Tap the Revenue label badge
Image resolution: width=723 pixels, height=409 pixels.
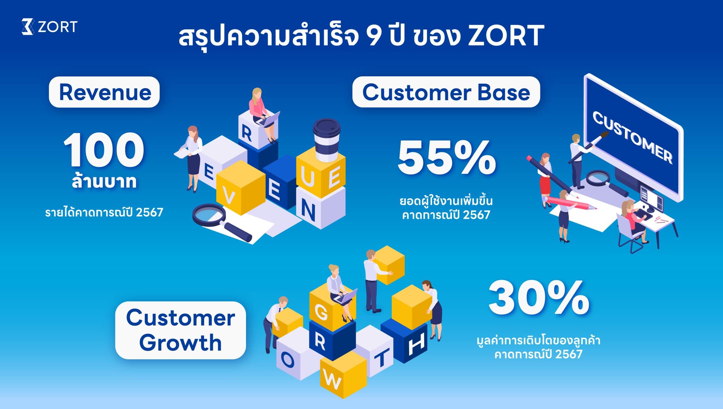[104, 92]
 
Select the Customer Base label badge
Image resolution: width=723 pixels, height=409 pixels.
[446, 92]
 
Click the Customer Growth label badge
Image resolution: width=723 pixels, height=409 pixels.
[180, 330]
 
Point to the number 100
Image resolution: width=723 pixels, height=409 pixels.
[104, 150]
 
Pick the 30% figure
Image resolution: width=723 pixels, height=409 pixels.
[539, 299]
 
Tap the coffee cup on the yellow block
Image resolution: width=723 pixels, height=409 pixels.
[327, 140]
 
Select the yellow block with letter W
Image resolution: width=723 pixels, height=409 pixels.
[343, 374]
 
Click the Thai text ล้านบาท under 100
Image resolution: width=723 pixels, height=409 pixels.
[104, 182]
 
